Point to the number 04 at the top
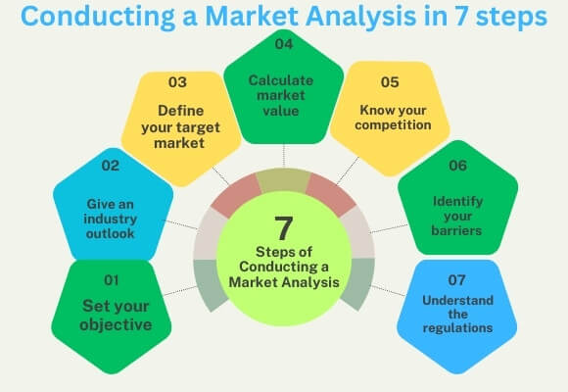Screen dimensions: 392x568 [x=283, y=44]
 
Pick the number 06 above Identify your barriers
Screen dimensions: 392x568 [x=457, y=168]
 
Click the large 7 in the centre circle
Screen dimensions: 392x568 [x=283, y=228]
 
